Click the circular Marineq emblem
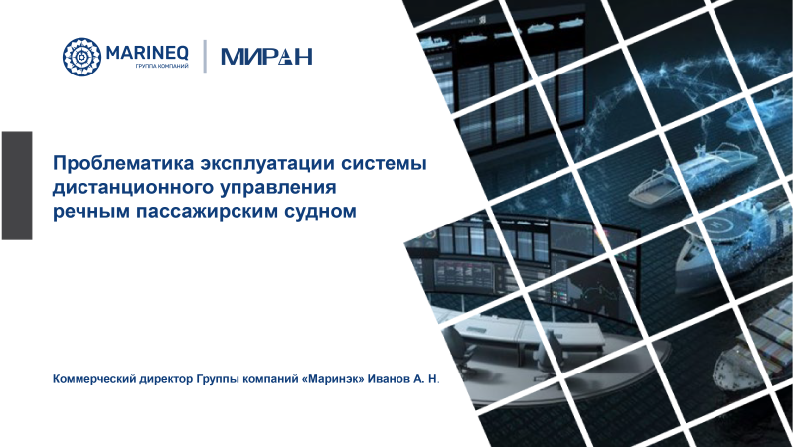(x=82, y=56)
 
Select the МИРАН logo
(x=265, y=56)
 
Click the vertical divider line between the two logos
(x=205, y=56)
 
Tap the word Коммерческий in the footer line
(x=93, y=379)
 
